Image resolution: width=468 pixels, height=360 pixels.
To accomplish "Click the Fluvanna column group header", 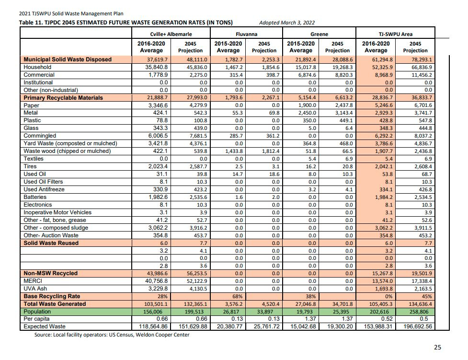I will (246, 35).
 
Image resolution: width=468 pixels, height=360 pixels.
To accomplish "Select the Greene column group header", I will (319, 35).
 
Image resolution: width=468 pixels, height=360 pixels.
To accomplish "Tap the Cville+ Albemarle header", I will (171, 35).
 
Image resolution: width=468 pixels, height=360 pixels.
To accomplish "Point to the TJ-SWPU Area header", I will (396, 35).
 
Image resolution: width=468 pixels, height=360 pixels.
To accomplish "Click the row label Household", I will (37, 67).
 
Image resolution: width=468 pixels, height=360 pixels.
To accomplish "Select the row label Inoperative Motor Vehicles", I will (57, 212).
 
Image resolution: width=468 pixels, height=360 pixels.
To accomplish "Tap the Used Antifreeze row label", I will (44, 189).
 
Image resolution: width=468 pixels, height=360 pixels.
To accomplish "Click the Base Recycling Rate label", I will (51, 296).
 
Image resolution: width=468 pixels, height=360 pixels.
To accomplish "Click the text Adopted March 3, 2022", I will (286, 23).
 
